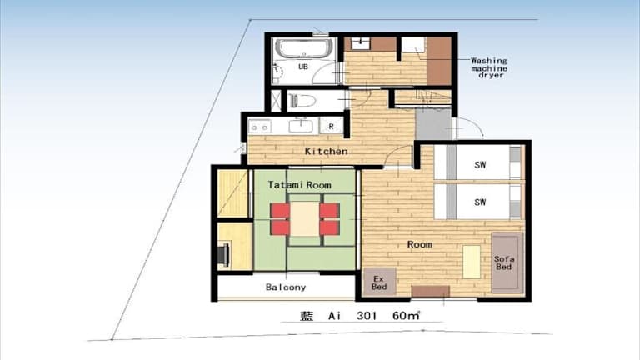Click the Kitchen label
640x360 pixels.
click(x=326, y=152)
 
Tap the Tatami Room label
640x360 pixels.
click(x=299, y=185)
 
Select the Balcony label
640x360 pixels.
click(x=286, y=287)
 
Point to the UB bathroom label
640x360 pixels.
click(x=302, y=67)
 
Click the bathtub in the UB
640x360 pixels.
click(x=303, y=48)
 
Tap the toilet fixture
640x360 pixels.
click(x=302, y=100)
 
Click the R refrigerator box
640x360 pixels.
click(x=331, y=127)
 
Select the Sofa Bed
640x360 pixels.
click(x=507, y=262)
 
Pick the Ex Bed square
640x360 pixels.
click(x=379, y=282)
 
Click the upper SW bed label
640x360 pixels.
click(x=480, y=165)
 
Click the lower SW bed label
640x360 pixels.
click(x=480, y=202)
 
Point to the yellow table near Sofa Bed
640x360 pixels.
click(x=472, y=262)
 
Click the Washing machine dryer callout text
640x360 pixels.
click(x=489, y=67)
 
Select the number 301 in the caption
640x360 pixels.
click(x=367, y=316)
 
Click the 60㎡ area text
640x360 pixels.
click(x=406, y=316)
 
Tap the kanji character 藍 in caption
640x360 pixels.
click(x=306, y=316)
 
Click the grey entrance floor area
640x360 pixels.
click(x=433, y=124)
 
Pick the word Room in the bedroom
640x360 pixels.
click(x=420, y=244)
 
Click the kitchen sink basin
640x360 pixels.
click(x=301, y=126)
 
